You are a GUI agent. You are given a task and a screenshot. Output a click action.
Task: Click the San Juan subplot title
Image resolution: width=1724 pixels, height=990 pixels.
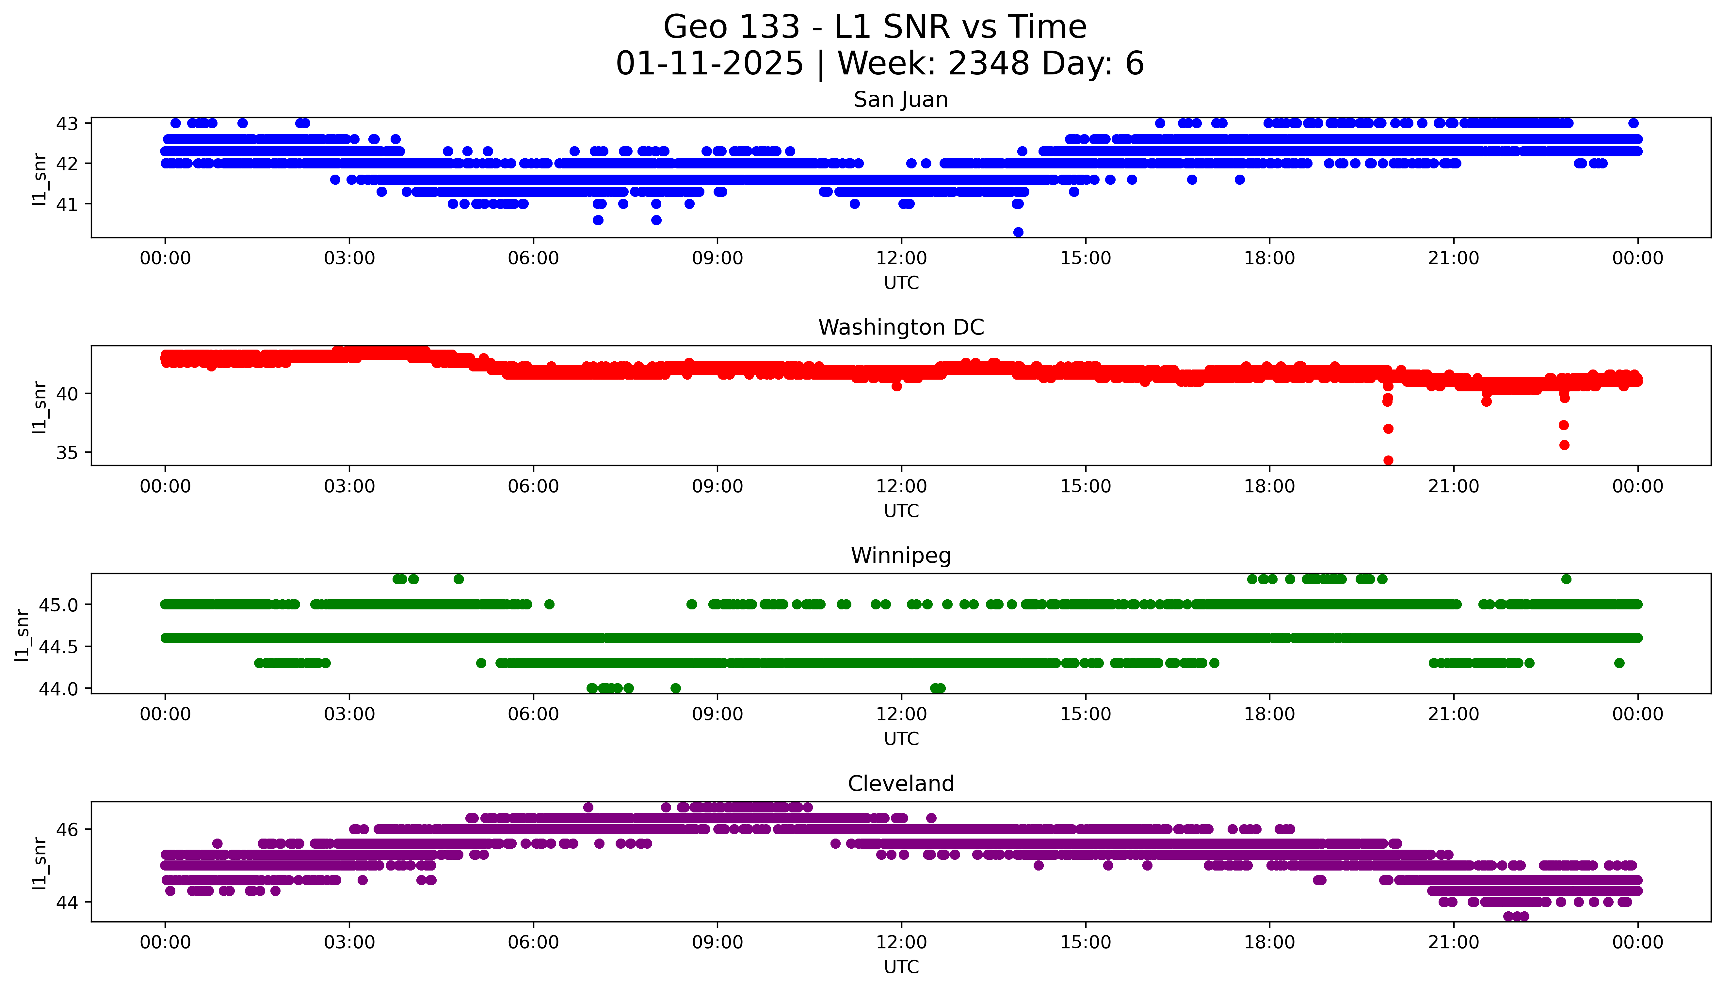click(900, 100)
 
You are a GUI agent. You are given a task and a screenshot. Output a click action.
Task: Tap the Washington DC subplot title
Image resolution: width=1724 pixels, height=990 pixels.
click(900, 328)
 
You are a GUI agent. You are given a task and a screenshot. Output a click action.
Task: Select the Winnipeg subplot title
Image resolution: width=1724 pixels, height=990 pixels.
click(900, 556)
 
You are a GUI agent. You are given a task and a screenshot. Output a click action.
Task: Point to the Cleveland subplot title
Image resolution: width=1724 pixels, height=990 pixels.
click(900, 784)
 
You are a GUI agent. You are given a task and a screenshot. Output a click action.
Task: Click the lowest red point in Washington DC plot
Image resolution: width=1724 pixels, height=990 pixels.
click(1388, 460)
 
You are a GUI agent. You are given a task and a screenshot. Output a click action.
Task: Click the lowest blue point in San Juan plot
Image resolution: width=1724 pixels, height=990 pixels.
click(1018, 232)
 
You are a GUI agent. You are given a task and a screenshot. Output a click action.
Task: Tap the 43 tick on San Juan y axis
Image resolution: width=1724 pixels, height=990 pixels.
click(67, 124)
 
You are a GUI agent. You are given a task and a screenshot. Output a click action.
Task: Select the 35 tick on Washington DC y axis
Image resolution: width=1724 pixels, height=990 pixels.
click(67, 453)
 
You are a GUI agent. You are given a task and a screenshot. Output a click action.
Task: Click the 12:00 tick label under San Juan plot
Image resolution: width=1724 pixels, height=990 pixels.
click(901, 259)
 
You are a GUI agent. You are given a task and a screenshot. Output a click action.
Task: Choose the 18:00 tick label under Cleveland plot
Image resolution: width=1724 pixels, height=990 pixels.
click(1269, 942)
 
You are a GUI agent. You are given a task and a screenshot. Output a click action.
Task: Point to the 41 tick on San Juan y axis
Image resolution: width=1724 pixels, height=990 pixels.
click(67, 204)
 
